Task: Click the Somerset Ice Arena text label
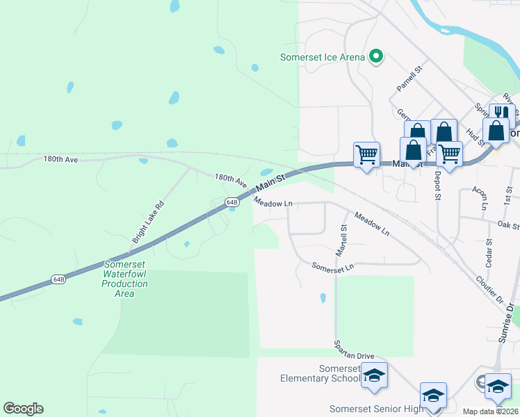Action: click(322, 57)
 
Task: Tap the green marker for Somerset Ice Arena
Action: click(376, 56)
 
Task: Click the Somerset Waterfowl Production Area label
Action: click(125, 279)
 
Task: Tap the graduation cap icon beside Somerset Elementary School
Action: click(374, 377)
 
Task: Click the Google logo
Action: click(23, 409)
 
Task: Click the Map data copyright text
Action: click(491, 411)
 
